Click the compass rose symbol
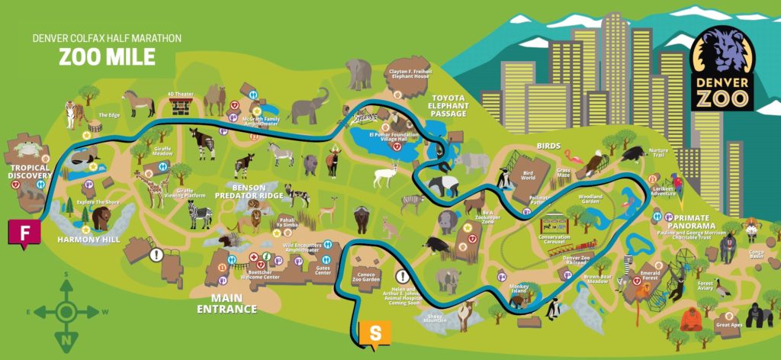66,311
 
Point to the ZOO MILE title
108,56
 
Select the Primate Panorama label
690,221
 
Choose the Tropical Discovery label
29,172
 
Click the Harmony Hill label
89,239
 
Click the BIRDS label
548,146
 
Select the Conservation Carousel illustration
555,226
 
